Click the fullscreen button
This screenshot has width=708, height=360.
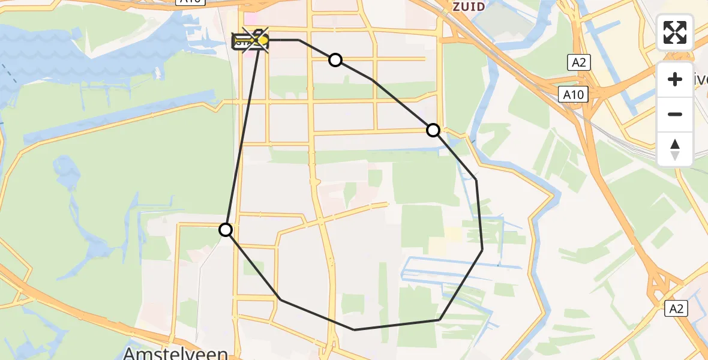[675, 32]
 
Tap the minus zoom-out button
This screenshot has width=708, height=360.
[675, 114]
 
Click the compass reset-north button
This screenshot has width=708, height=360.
[675, 149]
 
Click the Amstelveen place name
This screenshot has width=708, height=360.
[175, 352]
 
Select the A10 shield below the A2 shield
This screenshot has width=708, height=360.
[574, 94]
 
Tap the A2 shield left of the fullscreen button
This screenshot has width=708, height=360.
[578, 62]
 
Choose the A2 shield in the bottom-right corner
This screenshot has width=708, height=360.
[676, 308]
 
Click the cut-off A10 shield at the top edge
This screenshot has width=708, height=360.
[188, 2]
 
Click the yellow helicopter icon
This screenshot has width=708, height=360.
[262, 40]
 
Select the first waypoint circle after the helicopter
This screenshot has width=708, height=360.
[335, 60]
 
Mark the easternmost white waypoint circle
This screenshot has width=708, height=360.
[433, 130]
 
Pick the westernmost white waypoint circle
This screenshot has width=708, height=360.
[226, 230]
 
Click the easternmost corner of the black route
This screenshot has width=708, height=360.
[482, 250]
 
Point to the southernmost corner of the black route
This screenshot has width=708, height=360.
[355, 329]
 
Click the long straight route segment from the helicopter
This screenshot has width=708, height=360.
[243, 135]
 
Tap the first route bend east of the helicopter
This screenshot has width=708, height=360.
[299, 40]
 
